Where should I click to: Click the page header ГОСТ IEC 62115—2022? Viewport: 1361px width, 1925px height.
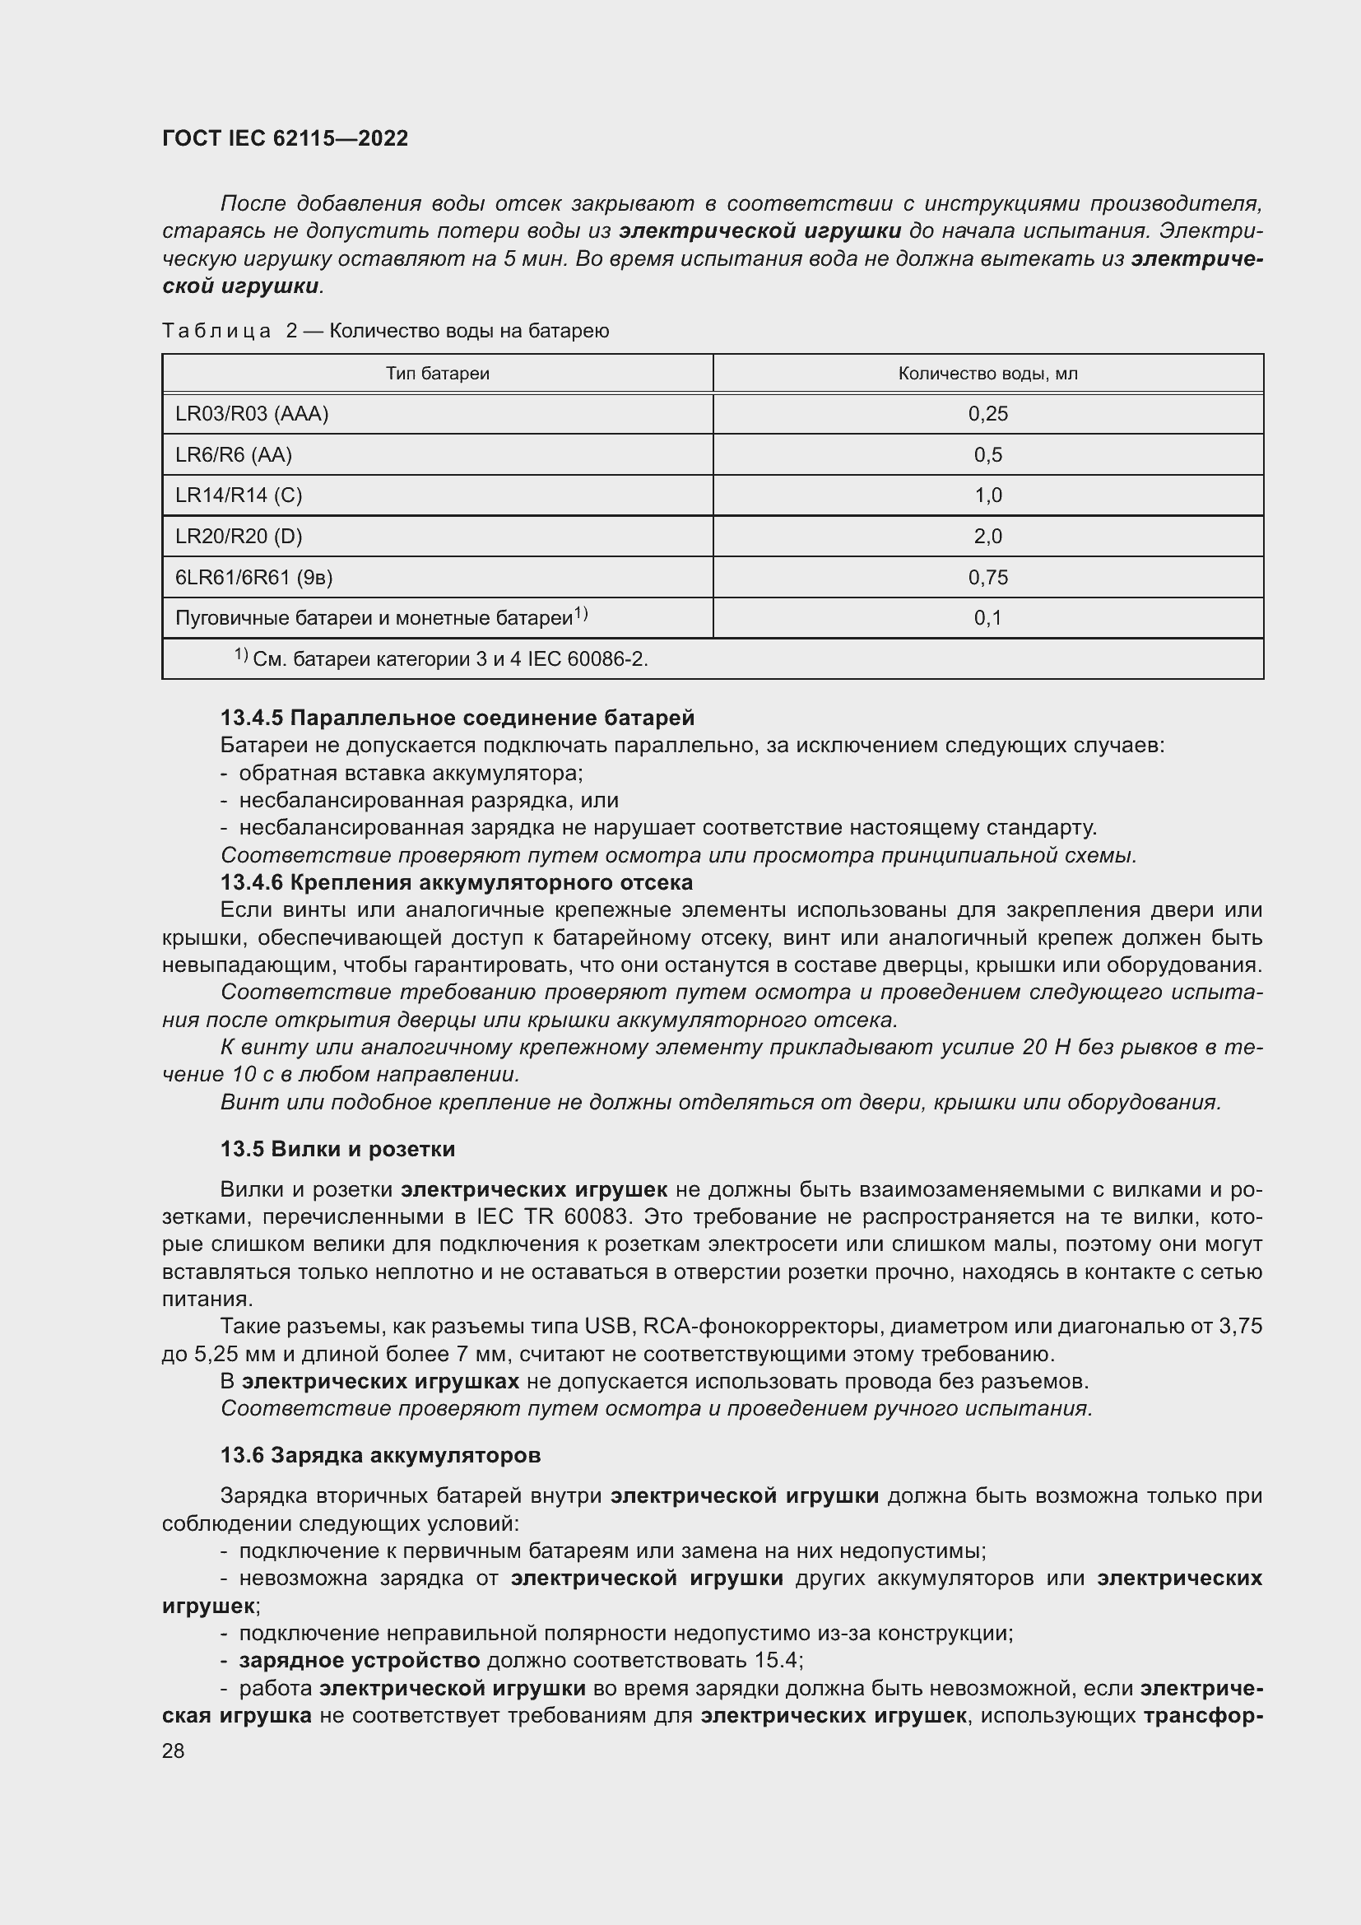(x=285, y=138)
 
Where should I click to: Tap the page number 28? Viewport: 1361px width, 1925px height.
(x=174, y=1751)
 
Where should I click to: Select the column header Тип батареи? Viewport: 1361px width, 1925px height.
(x=438, y=374)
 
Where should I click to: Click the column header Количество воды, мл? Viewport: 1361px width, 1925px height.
(x=987, y=374)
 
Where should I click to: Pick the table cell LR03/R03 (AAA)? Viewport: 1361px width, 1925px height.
(x=252, y=413)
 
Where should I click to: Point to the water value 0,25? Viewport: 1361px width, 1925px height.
(x=987, y=413)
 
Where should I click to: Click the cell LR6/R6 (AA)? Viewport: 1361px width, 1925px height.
(x=233, y=454)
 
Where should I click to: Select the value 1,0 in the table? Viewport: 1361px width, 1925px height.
(x=987, y=495)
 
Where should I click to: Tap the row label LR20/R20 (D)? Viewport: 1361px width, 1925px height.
(x=239, y=536)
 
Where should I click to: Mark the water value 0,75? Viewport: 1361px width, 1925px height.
(x=987, y=577)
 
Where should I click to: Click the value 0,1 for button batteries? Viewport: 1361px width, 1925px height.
(x=987, y=618)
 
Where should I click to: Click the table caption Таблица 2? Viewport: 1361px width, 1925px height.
(x=385, y=331)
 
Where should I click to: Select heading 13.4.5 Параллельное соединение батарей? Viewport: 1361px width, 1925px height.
(x=458, y=718)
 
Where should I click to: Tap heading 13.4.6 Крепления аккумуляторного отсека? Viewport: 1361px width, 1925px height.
(x=457, y=882)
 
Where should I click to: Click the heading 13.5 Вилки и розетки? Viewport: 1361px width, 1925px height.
(x=337, y=1149)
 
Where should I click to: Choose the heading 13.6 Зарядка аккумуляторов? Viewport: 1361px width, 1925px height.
(x=380, y=1454)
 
